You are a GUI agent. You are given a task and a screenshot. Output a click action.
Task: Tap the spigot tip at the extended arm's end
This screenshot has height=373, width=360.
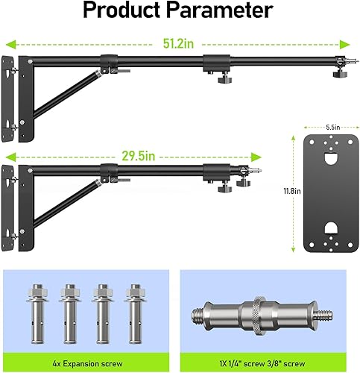(342, 63)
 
